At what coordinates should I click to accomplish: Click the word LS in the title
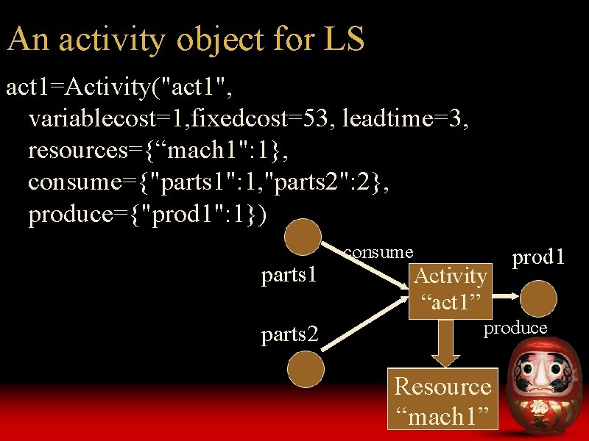(x=343, y=39)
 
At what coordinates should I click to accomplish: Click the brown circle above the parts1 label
(x=304, y=239)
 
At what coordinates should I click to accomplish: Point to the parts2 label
(x=289, y=334)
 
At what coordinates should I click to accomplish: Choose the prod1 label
(x=539, y=257)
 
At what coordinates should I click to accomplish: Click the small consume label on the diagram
(x=378, y=252)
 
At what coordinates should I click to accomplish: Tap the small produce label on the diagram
(x=515, y=328)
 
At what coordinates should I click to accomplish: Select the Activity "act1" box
(x=451, y=288)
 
